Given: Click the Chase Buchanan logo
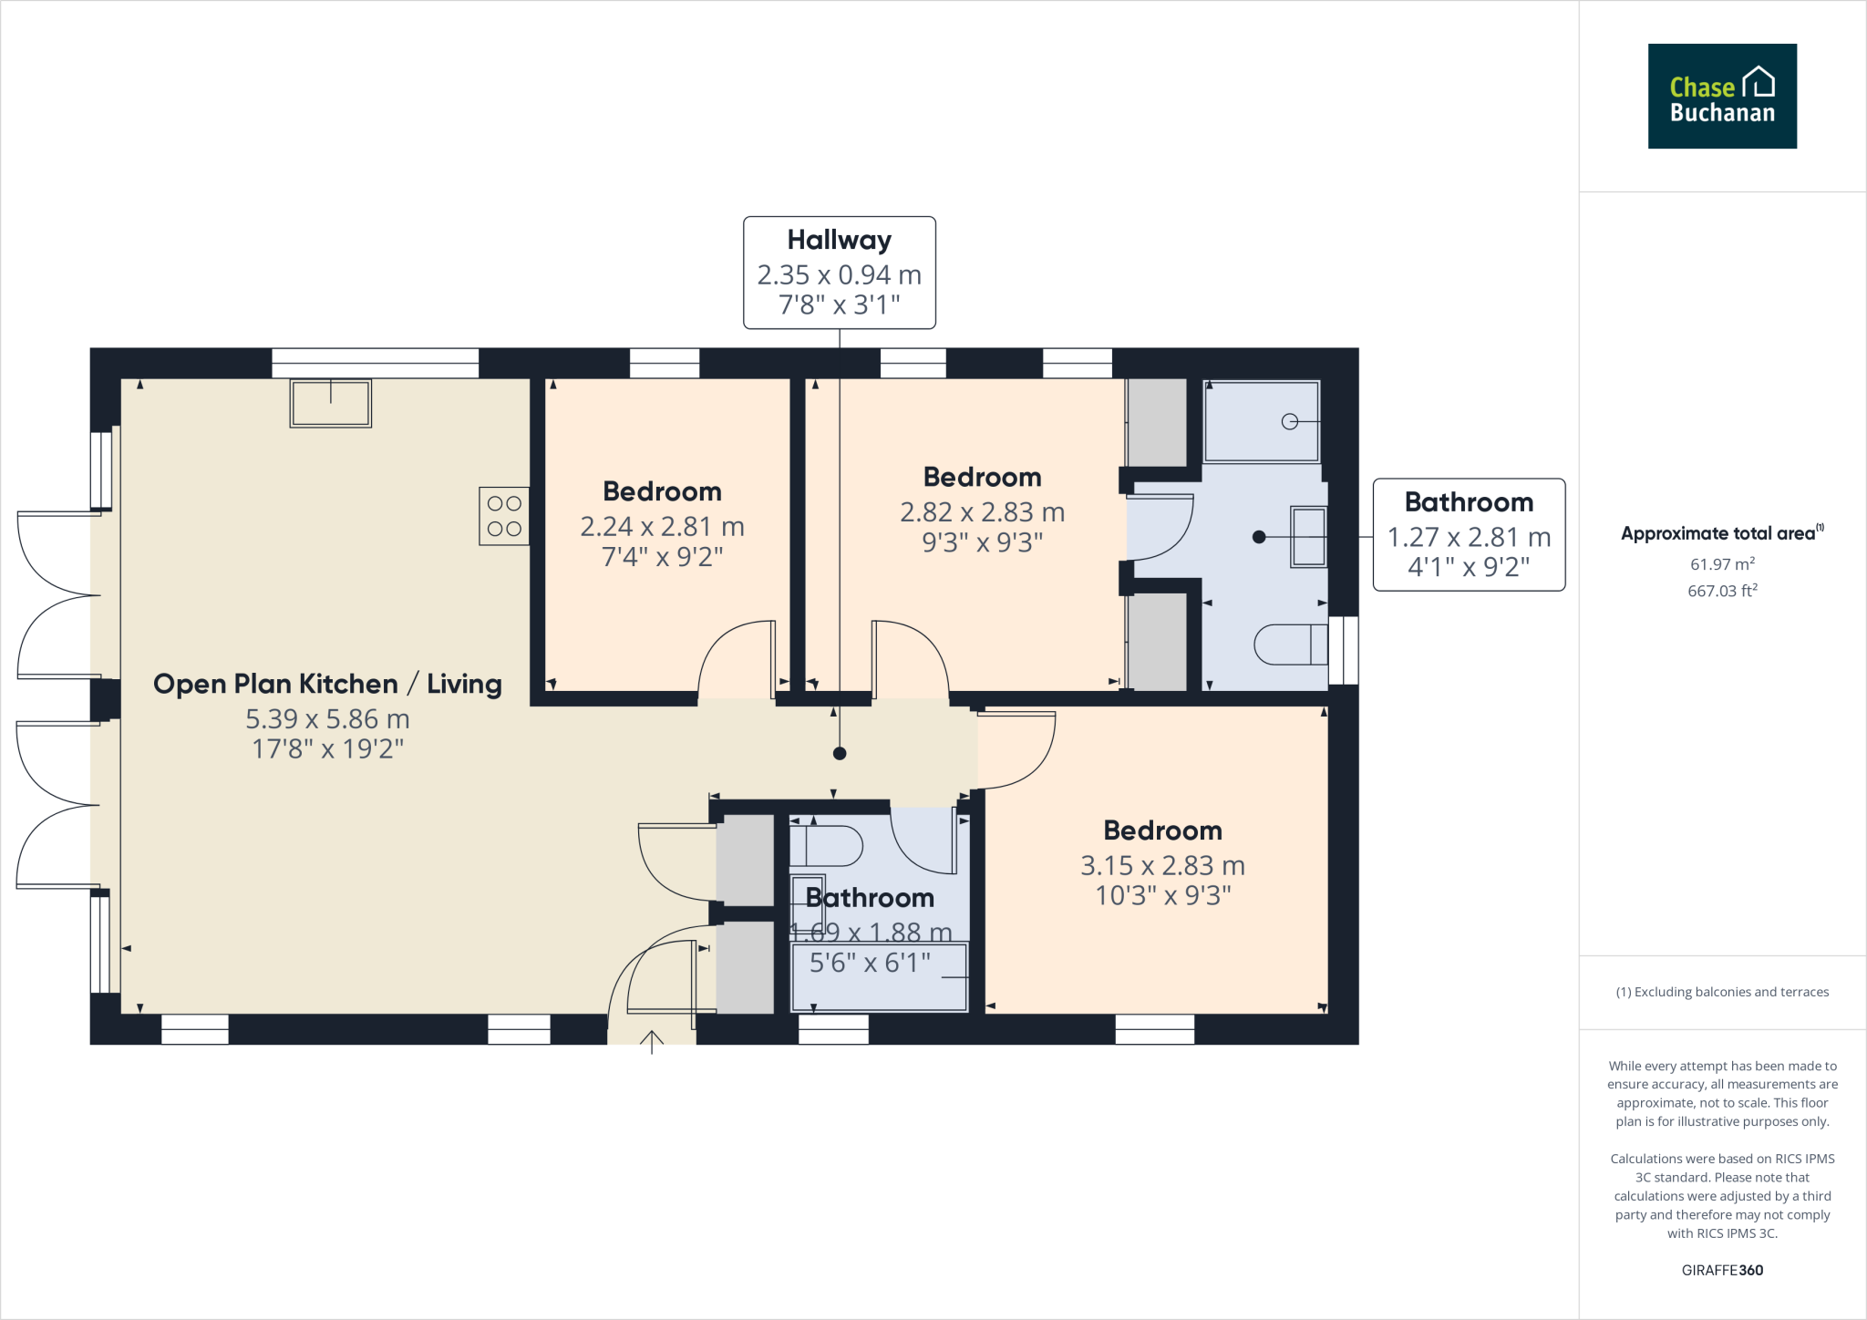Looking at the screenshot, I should pyautogui.click(x=1721, y=96).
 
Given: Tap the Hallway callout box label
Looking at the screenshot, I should pyautogui.click(x=839, y=241).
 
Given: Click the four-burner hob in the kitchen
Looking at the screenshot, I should pyautogui.click(x=504, y=516).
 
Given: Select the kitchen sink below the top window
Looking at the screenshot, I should pyautogui.click(x=330, y=403).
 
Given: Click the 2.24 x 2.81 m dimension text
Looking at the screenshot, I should pyautogui.click(x=662, y=527).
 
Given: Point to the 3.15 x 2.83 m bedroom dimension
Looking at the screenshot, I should pyautogui.click(x=1162, y=866).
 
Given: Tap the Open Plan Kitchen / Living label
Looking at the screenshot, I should pyautogui.click(x=327, y=685).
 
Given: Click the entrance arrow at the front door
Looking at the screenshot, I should pyautogui.click(x=652, y=1040).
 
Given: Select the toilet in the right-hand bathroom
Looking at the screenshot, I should pyautogui.click(x=1289, y=645).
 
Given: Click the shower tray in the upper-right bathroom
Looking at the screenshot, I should pyautogui.click(x=1261, y=421).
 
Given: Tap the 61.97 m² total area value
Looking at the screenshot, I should pyautogui.click(x=1722, y=564).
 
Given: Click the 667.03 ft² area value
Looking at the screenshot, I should pyautogui.click(x=1722, y=591).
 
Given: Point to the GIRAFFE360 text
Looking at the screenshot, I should pyautogui.click(x=1722, y=1270).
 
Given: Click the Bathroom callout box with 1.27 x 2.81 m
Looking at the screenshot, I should pyautogui.click(x=1469, y=535).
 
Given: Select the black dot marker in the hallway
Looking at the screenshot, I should pyautogui.click(x=840, y=753).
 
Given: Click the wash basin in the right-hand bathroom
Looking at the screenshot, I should pyautogui.click(x=1308, y=537).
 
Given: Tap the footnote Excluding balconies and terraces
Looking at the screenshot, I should pyautogui.click(x=1722, y=992).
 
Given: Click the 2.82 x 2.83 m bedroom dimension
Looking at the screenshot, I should pyautogui.click(x=982, y=512).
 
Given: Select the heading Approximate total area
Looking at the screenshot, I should pyautogui.click(x=1718, y=534).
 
